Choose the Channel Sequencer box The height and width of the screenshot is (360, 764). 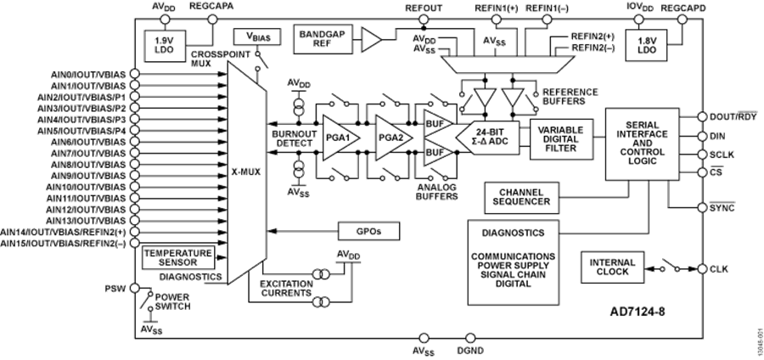[521, 198]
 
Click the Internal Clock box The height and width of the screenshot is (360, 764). [608, 267]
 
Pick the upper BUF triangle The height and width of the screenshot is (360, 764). [435, 125]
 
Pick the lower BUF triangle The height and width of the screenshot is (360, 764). [435, 153]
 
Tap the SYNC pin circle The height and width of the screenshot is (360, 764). [702, 205]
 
